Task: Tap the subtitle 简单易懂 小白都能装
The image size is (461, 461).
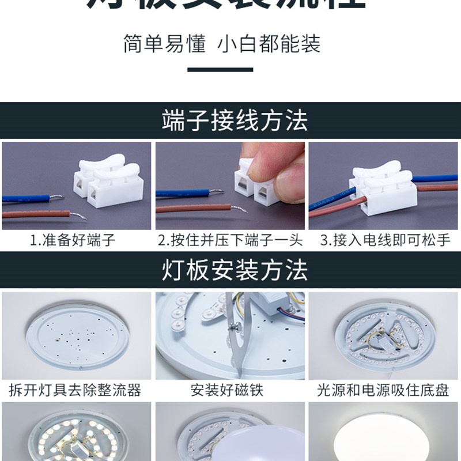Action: [222, 44]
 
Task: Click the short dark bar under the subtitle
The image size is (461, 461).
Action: [221, 70]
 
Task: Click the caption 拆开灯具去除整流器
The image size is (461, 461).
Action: [75, 390]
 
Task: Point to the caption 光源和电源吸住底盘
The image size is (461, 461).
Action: [383, 390]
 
